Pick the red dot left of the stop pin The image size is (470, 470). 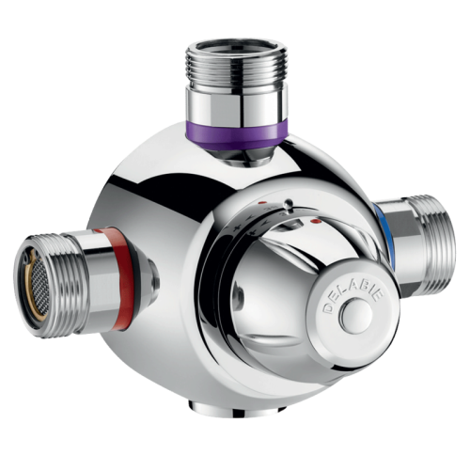tap(259, 202)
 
